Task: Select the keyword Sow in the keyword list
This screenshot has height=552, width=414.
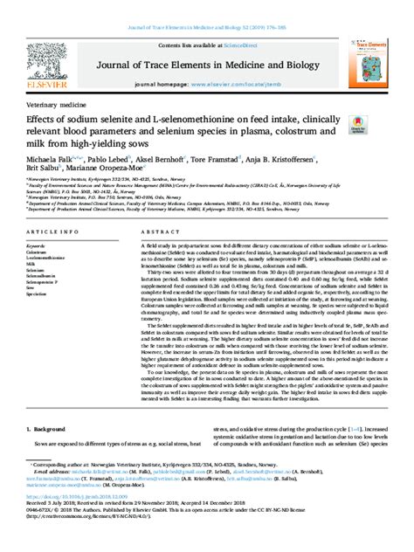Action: coord(32,288)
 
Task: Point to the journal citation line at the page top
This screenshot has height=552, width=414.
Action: coord(206,8)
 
